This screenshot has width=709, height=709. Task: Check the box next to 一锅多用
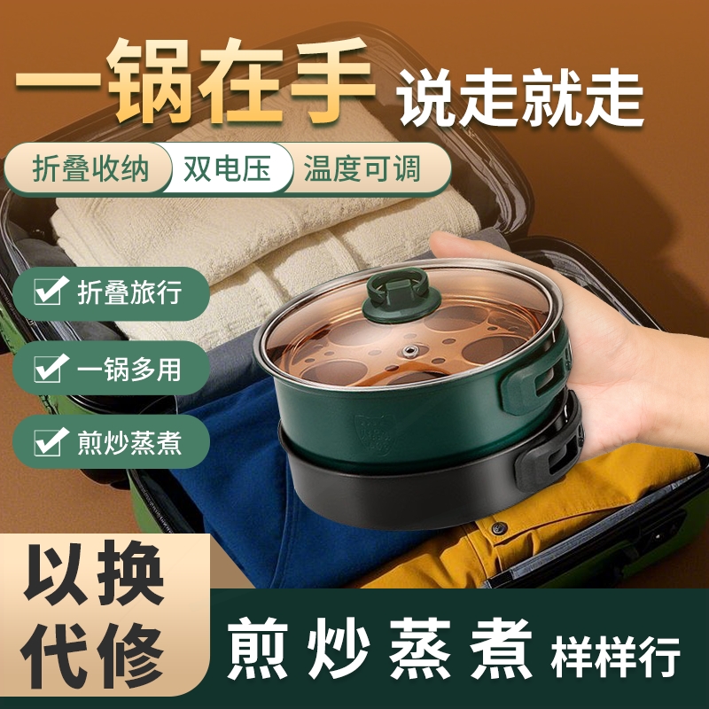click(x=50, y=367)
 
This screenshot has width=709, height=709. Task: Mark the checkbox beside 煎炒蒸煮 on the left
click(x=50, y=440)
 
